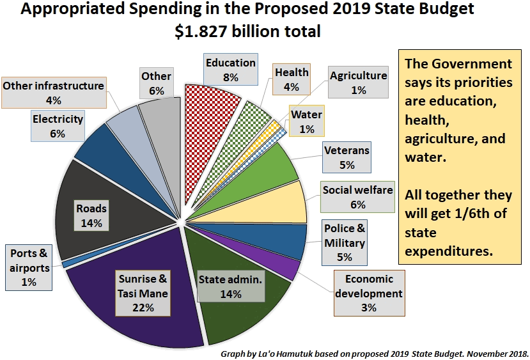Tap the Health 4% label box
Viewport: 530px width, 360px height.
[x=292, y=79]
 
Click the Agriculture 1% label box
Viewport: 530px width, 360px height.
[x=358, y=82]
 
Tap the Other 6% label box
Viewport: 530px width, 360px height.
[x=157, y=83]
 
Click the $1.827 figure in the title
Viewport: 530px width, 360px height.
[x=204, y=31]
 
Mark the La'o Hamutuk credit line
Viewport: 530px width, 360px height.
[x=375, y=353]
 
